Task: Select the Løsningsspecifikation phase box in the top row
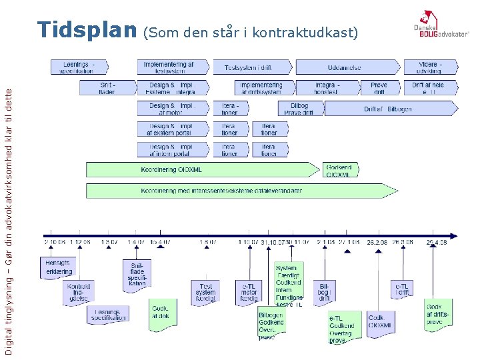click(x=78, y=67)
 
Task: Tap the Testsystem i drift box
click(x=251, y=67)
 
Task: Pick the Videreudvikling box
click(x=430, y=67)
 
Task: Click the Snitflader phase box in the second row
click(x=107, y=88)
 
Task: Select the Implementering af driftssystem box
click(x=262, y=88)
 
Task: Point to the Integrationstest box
click(x=326, y=88)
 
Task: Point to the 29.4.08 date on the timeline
click(x=437, y=243)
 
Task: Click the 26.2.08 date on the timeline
click(x=377, y=243)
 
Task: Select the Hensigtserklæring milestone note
click(x=58, y=268)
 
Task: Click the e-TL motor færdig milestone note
click(x=249, y=291)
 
